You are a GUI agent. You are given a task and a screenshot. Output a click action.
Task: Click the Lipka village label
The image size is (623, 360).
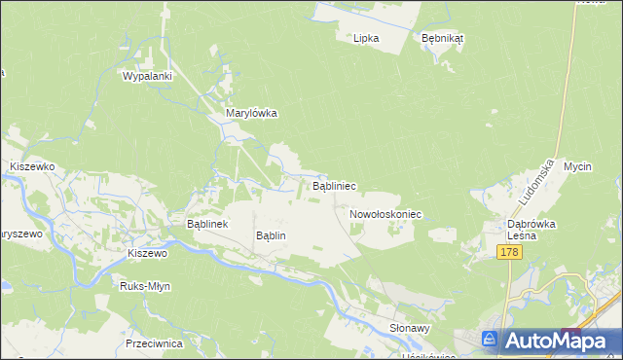(366, 38)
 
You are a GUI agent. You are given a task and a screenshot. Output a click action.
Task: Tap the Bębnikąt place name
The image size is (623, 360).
(443, 38)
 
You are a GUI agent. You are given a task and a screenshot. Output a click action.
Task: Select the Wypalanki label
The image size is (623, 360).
(147, 75)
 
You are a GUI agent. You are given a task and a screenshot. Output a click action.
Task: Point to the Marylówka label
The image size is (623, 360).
(251, 113)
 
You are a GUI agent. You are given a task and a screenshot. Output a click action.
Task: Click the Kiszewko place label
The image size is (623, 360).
(31, 166)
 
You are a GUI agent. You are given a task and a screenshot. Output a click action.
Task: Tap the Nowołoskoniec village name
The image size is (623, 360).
(384, 213)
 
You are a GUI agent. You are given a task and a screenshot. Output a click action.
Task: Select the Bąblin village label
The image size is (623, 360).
(271, 235)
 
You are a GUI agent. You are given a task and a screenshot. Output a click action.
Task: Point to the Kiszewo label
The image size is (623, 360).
(148, 253)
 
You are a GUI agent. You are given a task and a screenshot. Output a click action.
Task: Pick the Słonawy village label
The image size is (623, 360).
(410, 328)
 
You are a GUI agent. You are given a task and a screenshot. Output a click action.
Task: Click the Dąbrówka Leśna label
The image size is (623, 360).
(531, 229)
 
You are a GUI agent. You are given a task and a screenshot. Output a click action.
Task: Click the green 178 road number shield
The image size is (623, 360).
(509, 252)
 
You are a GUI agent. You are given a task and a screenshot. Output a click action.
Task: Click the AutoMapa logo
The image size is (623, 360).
(556, 341)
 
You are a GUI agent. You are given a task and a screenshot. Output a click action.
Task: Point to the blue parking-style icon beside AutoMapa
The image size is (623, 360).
(492, 340)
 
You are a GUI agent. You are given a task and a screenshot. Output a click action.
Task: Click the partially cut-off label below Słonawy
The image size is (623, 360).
(428, 356)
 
